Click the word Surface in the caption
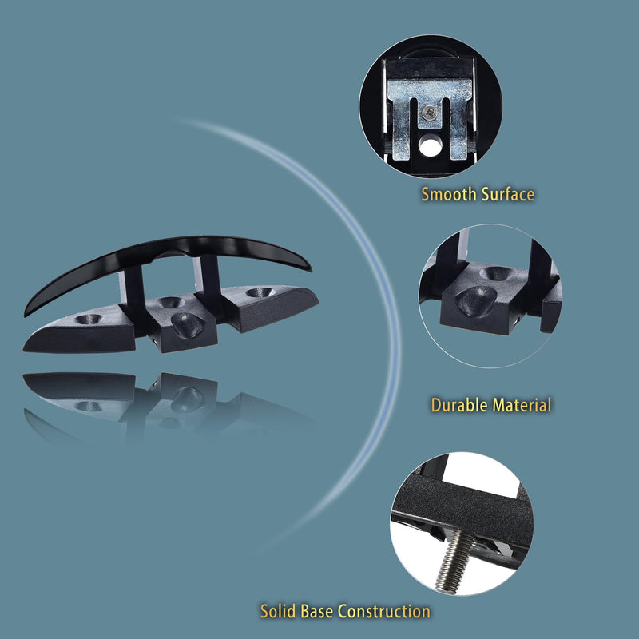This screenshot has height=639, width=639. [x=508, y=194]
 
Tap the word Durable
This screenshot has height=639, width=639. [x=458, y=405]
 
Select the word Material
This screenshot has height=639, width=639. [x=522, y=405]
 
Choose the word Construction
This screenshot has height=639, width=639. [x=384, y=611]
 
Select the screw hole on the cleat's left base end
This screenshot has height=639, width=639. [x=88, y=319]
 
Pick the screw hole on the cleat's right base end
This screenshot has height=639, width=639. [x=260, y=292]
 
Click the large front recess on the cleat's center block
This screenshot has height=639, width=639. [x=187, y=325]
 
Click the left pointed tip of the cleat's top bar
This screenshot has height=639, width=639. [x=26, y=314]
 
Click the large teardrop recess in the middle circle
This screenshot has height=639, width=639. [x=476, y=301]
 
